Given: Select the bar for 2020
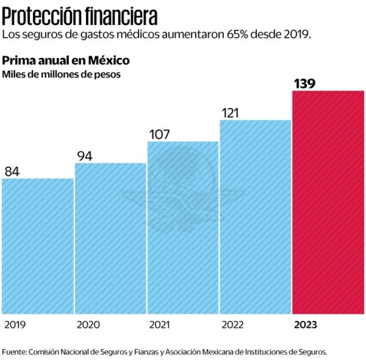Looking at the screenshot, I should point(110,237).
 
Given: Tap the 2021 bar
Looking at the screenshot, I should point(183,227).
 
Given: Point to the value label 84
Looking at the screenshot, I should point(12,171).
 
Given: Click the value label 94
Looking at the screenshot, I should point(85,156).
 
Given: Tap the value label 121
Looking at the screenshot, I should point(230,113).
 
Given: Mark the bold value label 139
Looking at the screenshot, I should point(305,84).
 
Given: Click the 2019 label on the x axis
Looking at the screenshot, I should point(15,325).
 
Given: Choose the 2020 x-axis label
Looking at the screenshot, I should point(88,325).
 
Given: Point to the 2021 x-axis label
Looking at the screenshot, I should point(160,325).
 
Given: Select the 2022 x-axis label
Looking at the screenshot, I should point(233,325).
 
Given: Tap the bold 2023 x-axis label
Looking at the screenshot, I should point(306,325).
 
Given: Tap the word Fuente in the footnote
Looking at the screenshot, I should point(14,351).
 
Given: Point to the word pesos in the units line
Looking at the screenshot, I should point(108,74).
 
